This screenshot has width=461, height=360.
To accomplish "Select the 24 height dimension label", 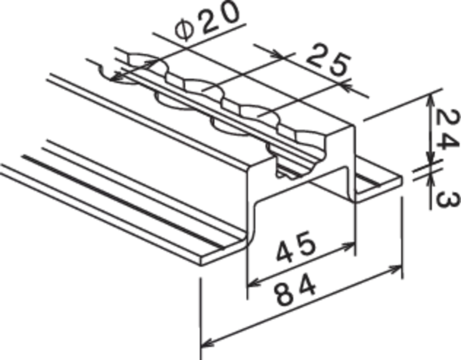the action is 446,130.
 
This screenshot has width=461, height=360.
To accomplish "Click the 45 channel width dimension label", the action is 297,246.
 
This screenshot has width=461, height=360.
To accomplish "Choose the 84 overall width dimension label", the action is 297,289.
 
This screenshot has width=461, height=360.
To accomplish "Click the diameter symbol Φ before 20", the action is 186,31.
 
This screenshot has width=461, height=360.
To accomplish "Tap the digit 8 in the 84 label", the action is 285,294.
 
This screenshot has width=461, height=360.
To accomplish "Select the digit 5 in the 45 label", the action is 307,242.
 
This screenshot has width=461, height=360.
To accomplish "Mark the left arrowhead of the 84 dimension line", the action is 207,342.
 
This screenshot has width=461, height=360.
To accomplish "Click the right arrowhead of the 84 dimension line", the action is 396,269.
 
